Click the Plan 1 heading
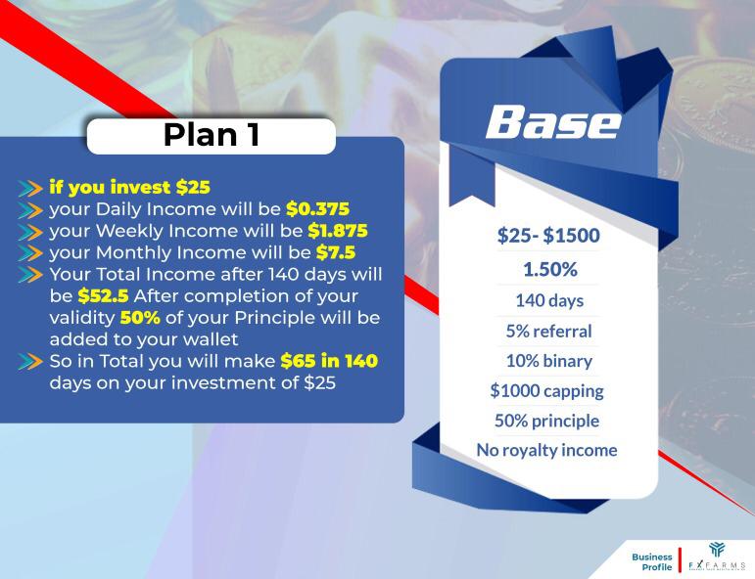coord(211,136)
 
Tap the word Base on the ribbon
coord(552,123)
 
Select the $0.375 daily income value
coord(317,209)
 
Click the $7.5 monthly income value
coord(335,254)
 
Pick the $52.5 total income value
coord(103,296)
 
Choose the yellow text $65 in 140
coord(328,362)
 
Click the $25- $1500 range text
coord(548,236)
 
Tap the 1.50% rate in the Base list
coord(549,269)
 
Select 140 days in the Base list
coord(548,300)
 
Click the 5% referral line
coord(548,331)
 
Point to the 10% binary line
coord(548,361)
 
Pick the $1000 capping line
coord(546,391)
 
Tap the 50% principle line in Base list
coord(547,421)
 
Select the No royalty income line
coord(546,450)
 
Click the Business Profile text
coord(651,562)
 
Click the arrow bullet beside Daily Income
coord(31,210)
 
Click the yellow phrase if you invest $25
coord(129,187)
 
